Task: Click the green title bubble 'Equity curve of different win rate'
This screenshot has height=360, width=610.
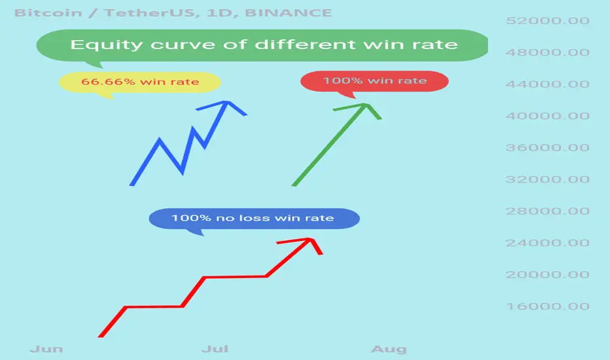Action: (x=262, y=45)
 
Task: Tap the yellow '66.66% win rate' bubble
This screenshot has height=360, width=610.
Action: (x=140, y=82)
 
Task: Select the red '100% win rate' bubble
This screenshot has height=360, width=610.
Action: (x=374, y=81)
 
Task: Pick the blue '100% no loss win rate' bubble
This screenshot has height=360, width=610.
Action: (x=255, y=219)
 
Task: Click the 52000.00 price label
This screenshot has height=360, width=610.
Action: (x=547, y=21)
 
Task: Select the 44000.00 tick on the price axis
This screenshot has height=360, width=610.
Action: (x=547, y=84)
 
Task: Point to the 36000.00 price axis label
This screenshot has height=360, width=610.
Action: (x=547, y=147)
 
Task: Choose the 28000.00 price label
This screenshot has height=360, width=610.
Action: (x=547, y=211)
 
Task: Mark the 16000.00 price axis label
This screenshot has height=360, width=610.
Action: (x=547, y=306)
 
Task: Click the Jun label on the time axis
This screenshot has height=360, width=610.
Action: (x=46, y=349)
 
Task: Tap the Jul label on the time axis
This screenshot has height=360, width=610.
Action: (x=215, y=349)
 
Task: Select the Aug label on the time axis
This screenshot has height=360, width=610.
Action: (x=389, y=349)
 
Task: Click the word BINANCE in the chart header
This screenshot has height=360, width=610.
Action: (x=288, y=13)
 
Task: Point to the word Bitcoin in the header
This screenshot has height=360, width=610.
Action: (x=48, y=13)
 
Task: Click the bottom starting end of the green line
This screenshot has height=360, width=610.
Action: (x=294, y=185)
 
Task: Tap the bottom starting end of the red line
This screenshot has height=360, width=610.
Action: (x=100, y=336)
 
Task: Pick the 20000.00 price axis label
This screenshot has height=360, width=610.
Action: (x=547, y=274)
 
